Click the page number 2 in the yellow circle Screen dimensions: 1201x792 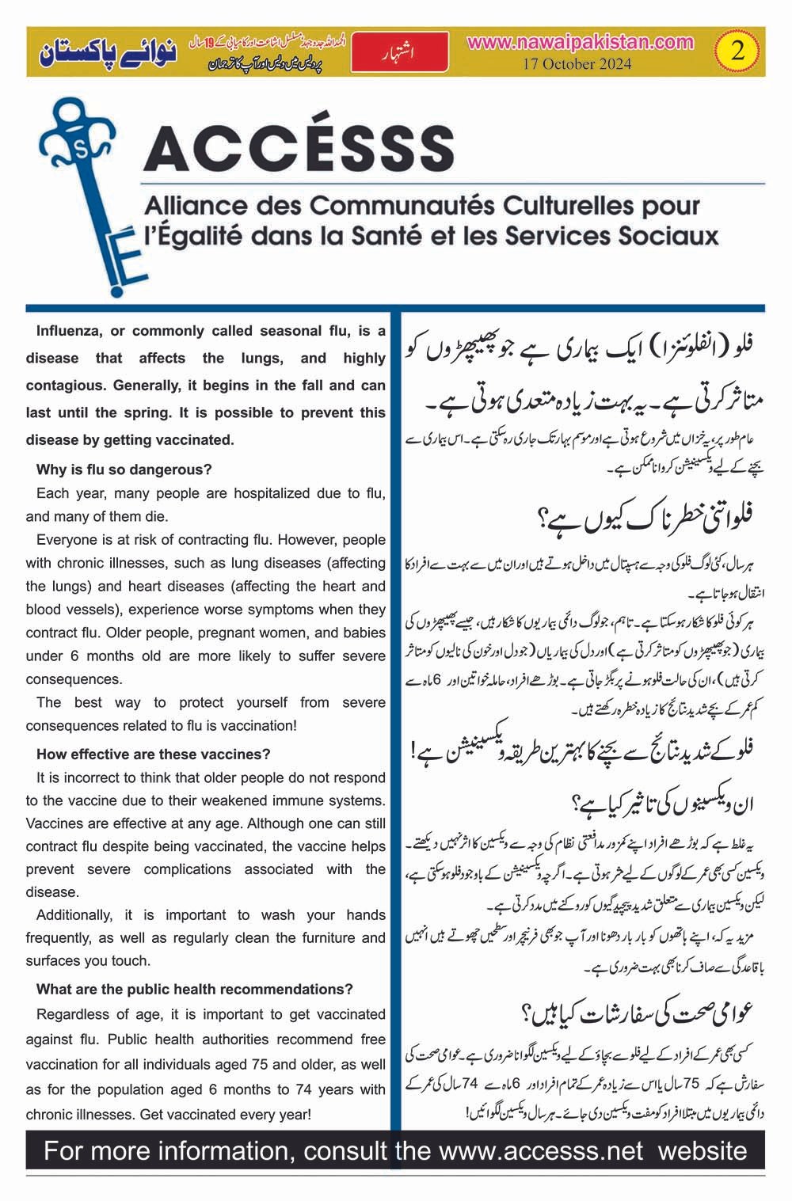pos(737,52)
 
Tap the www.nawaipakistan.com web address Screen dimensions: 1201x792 pos(580,43)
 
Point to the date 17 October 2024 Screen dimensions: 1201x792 pos(577,64)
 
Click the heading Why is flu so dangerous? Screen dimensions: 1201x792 pos(124,469)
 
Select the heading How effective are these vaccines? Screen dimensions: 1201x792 pos(153,754)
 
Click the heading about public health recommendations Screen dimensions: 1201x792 pos(195,989)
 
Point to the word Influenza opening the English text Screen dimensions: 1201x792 pos(70,331)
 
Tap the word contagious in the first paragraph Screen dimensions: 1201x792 pos(67,386)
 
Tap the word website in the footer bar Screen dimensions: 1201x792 pos(703,1150)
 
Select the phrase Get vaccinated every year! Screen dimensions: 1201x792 pos(226,1114)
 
